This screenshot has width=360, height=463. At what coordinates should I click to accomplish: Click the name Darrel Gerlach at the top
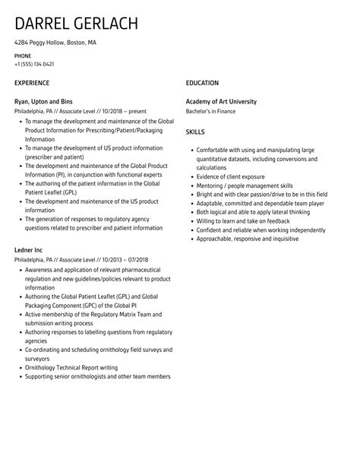click(76, 23)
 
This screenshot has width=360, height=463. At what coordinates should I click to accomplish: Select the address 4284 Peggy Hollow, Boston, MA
click(55, 43)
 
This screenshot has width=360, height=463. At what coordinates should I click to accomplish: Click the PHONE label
click(23, 55)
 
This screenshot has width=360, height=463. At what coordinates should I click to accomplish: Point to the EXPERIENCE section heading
click(32, 82)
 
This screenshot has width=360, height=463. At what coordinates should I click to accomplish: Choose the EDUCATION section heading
click(202, 82)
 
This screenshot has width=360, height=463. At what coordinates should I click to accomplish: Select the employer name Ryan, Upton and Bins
click(44, 101)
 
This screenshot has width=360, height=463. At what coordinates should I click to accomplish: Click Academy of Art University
click(221, 101)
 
